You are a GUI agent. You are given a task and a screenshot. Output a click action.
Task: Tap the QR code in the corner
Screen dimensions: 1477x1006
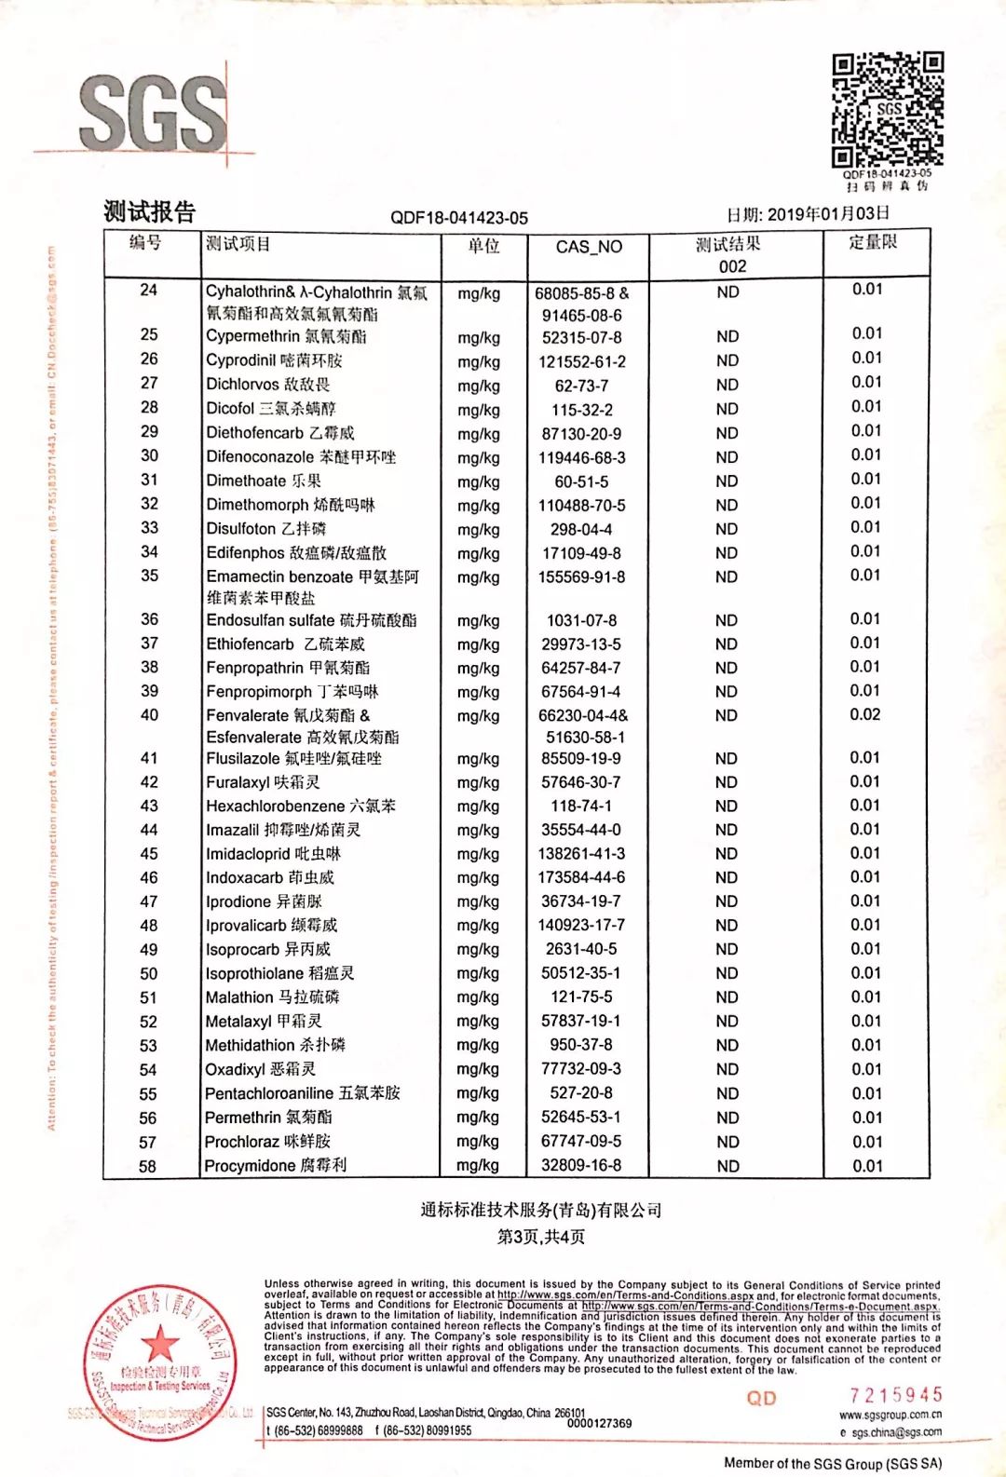coord(887,110)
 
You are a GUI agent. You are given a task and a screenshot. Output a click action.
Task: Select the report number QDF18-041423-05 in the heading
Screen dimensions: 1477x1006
coord(458,218)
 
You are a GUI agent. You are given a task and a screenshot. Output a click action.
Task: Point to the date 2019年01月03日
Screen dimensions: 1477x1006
coord(808,214)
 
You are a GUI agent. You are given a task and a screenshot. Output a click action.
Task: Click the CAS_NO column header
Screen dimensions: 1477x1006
coord(588,247)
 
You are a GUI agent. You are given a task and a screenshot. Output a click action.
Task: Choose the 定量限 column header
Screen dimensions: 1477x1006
coord(872,242)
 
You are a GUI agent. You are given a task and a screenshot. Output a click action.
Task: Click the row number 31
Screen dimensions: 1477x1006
coord(149,480)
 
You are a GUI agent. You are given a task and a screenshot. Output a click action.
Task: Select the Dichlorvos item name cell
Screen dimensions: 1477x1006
coord(268,384)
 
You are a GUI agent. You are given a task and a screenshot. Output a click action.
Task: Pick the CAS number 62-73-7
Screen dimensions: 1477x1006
coord(581,386)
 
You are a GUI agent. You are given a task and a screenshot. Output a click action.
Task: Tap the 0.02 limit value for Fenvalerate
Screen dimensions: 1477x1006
coord(865,714)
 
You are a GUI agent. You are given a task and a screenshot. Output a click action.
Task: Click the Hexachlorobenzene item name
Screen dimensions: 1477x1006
coord(300,806)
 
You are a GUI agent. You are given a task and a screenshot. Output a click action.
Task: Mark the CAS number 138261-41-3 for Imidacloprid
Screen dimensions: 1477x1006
coord(581,853)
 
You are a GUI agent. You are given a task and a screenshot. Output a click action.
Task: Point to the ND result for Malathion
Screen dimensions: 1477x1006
coord(727,997)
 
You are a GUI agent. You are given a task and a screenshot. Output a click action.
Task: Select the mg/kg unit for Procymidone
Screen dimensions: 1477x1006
coord(478,1165)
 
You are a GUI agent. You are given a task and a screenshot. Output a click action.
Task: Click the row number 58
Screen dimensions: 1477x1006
coord(148,1166)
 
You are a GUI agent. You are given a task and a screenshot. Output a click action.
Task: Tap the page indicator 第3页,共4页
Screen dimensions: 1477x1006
coord(541,1237)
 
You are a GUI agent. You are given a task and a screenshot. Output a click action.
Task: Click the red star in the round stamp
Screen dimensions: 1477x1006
coord(160,1344)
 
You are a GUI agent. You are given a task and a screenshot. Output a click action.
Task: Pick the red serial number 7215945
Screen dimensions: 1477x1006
coord(895,1395)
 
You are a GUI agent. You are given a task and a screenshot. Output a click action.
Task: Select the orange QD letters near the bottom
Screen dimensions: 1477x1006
coord(761,1398)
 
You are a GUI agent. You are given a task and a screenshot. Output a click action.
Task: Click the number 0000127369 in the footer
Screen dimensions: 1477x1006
coord(599,1423)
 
